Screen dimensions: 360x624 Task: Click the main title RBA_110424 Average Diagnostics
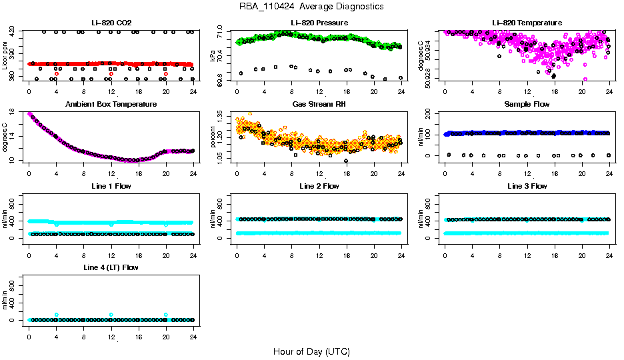[311, 6]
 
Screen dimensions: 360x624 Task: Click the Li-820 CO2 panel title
[111, 23]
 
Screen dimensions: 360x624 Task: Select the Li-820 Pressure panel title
[319, 23]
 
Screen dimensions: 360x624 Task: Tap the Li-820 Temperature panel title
[526, 23]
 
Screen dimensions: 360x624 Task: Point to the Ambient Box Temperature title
[111, 105]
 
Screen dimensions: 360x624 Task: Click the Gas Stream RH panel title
[319, 105]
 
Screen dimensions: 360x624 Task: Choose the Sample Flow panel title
[526, 105]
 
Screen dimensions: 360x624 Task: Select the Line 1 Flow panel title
[111, 186]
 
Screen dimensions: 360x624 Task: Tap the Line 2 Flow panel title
[319, 186]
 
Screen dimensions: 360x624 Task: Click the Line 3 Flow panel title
[526, 186]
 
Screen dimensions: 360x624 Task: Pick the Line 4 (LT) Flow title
[111, 267]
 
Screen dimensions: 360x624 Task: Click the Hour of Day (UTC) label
[311, 351]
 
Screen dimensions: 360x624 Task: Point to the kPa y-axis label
[213, 56]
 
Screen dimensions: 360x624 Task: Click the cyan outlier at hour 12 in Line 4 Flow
[111, 315]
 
